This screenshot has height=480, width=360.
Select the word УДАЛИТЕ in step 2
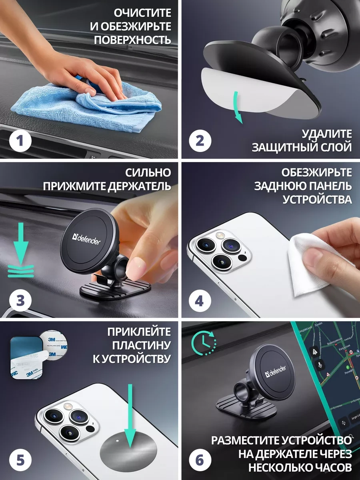click(x=326, y=134)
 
